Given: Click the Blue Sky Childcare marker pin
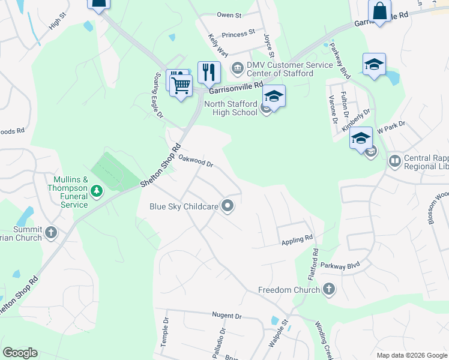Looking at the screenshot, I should pyautogui.click(x=228, y=206).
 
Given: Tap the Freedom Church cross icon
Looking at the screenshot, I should pyautogui.click(x=328, y=290).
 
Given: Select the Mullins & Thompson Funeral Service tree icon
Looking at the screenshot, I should pyautogui.click(x=96, y=191).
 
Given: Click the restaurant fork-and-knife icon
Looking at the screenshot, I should pyautogui.click(x=209, y=72).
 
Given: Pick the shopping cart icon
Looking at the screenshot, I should pyautogui.click(x=181, y=86).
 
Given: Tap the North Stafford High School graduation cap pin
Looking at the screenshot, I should pyautogui.click(x=274, y=96).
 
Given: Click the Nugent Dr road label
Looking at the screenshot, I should pyautogui.click(x=226, y=316).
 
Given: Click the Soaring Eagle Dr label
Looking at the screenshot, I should pyautogui.click(x=155, y=91).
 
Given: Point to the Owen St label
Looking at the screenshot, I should pyautogui.click(x=229, y=15).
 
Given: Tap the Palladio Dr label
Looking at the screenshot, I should pyautogui.click(x=223, y=339).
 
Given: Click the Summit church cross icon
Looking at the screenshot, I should pyautogui.click(x=51, y=232).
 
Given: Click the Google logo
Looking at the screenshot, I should pyautogui.click(x=20, y=353).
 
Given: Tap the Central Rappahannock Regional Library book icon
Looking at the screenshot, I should pyautogui.click(x=395, y=160).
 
